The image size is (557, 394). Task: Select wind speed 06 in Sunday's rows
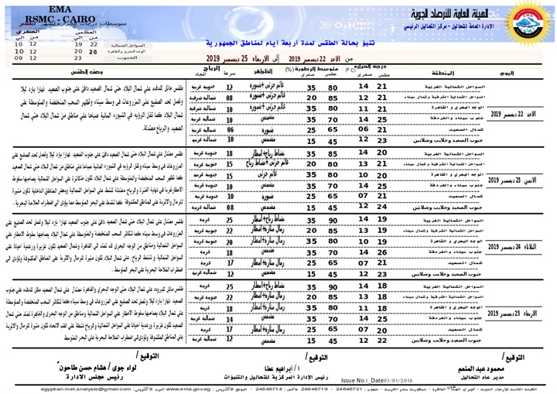(x=231, y=130)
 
